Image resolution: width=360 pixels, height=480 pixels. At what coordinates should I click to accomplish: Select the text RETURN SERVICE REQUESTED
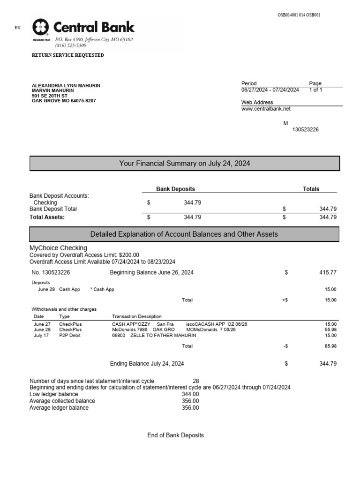(x=67, y=55)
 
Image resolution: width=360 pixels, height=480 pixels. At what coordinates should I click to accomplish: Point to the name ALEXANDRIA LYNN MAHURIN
(x=66, y=86)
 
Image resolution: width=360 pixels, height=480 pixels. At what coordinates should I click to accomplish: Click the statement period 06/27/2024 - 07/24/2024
(x=270, y=90)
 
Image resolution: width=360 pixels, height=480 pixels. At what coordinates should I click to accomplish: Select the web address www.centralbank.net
(x=266, y=109)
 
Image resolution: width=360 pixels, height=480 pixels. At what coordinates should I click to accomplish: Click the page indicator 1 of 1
(x=315, y=90)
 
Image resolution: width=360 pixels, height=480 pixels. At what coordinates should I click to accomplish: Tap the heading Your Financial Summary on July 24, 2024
(x=185, y=164)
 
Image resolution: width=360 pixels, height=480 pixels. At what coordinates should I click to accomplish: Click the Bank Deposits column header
(x=175, y=189)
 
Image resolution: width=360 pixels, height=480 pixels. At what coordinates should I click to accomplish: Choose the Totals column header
(x=311, y=189)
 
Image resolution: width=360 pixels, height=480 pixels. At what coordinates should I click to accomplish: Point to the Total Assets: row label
(x=47, y=217)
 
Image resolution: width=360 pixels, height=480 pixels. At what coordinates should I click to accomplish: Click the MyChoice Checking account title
(x=58, y=248)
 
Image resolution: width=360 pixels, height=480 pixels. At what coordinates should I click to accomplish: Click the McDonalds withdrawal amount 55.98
(x=330, y=330)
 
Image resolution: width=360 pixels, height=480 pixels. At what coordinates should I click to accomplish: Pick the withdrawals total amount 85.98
(x=330, y=346)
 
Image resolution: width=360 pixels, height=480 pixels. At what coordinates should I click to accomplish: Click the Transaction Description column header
(x=136, y=316)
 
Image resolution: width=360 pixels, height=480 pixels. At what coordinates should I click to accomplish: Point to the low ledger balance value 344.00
(x=190, y=395)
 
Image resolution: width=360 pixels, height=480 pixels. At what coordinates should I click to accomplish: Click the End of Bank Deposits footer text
(x=175, y=435)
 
